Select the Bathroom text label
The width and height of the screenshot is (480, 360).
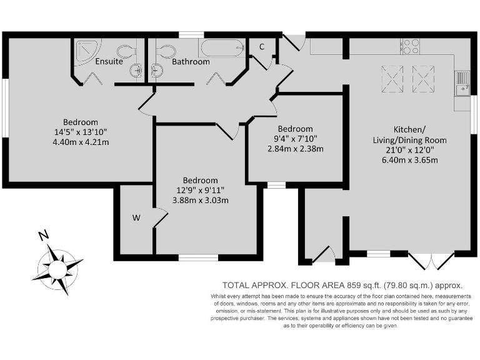[191, 62]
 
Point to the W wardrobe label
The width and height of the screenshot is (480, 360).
[135, 218]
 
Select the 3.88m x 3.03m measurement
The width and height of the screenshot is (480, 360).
[201, 200]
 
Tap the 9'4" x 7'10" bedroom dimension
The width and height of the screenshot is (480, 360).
[295, 139]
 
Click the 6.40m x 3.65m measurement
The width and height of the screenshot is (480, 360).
[409, 160]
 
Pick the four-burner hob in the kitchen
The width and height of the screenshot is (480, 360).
[411, 46]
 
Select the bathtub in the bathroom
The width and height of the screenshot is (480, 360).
[221, 47]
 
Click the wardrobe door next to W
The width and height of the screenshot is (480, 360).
[161, 219]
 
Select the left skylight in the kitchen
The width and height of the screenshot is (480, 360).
[391, 78]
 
